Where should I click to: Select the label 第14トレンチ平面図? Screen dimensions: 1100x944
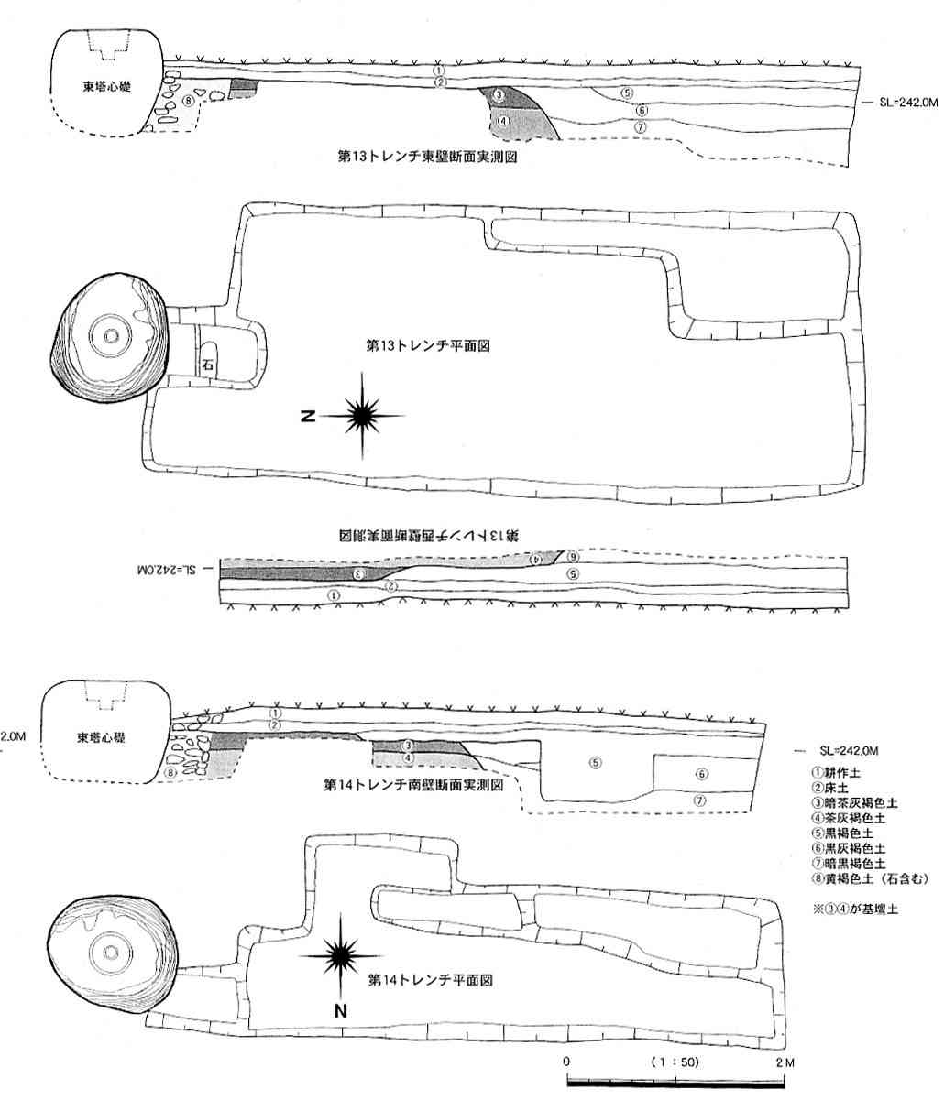pos(432,979)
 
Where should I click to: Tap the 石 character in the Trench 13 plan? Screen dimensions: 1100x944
pos(208,365)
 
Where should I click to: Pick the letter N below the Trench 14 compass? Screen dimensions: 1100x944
pos(340,1011)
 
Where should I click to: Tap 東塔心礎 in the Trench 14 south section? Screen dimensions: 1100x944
pos(102,736)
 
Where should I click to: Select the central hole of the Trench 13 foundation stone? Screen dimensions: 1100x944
pos(111,336)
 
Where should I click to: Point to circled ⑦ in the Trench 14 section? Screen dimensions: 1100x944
pos(700,800)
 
